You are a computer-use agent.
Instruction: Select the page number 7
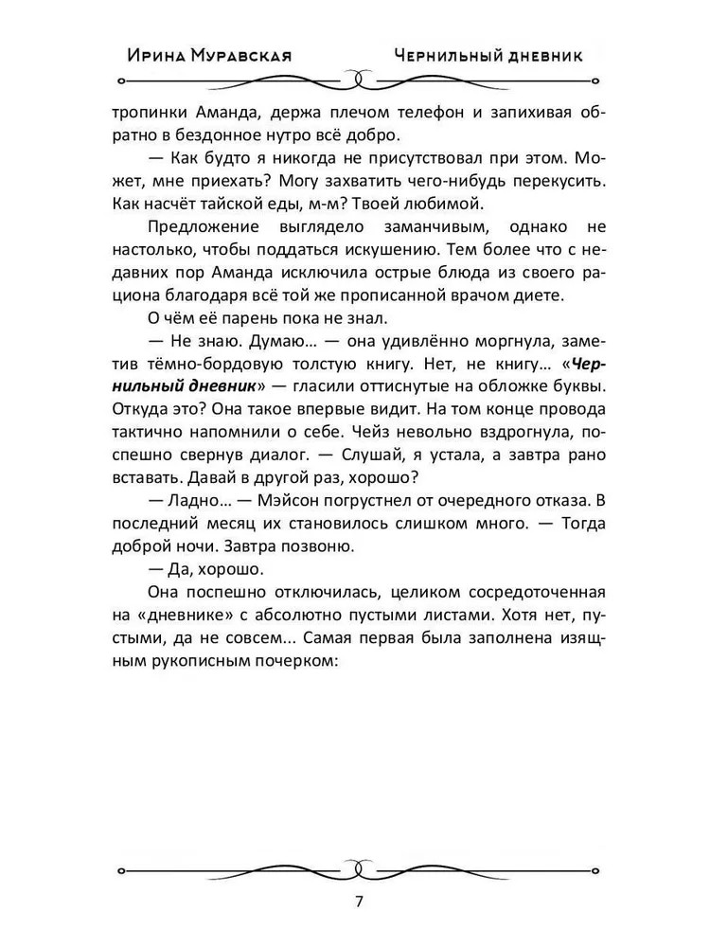pyautogui.click(x=359, y=901)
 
